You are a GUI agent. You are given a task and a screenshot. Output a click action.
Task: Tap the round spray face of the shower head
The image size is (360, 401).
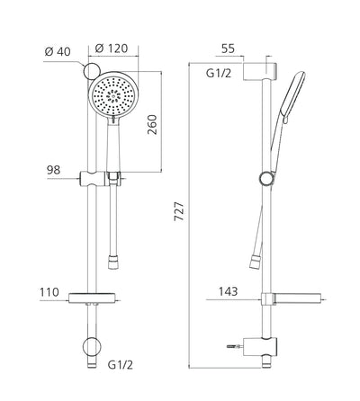(x=112, y=93)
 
